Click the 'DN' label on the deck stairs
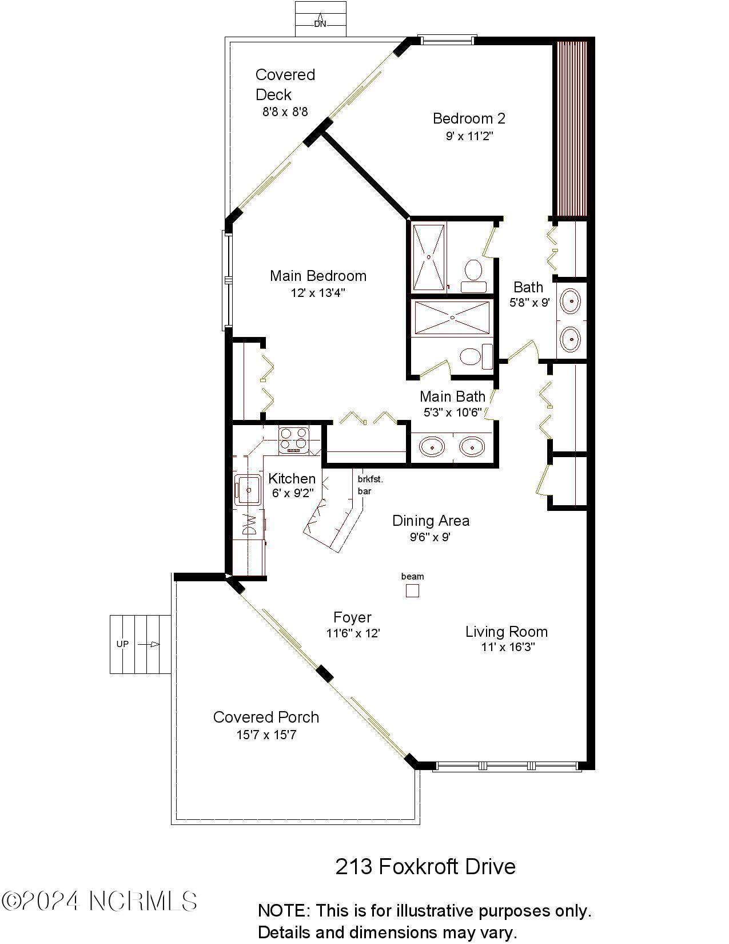pyautogui.click(x=320, y=25)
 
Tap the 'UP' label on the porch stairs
pyautogui.click(x=122, y=644)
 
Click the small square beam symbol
pyautogui.click(x=412, y=590)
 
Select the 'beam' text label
pyautogui.click(x=412, y=576)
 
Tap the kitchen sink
pyautogui.click(x=248, y=490)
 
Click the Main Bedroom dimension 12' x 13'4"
pyautogui.click(x=317, y=293)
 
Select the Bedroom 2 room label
pyautogui.click(x=469, y=118)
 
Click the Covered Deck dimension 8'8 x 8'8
pyautogui.click(x=285, y=112)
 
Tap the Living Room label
pyautogui.click(x=506, y=632)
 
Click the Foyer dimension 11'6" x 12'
pyautogui.click(x=353, y=633)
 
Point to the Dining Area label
pyautogui.click(x=431, y=521)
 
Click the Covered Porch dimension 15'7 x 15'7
pyautogui.click(x=266, y=735)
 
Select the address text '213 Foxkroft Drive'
pyautogui.click(x=425, y=866)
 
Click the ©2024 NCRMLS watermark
pyautogui.click(x=99, y=902)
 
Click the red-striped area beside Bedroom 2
pyautogui.click(x=572, y=129)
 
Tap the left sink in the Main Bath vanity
pyautogui.click(x=433, y=446)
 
